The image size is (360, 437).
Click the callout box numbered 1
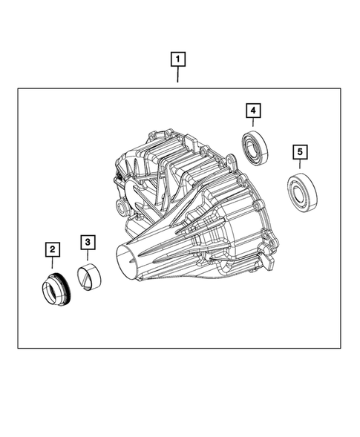tap(178, 57)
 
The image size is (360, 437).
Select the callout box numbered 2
tap(53, 249)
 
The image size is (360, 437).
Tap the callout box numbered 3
tap(88, 242)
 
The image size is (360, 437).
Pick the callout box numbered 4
tap(254, 111)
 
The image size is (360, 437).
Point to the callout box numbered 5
tap(300, 153)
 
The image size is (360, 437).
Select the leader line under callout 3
tap(88, 256)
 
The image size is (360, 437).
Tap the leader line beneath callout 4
tap(254, 125)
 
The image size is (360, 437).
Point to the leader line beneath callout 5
tap(300, 167)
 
